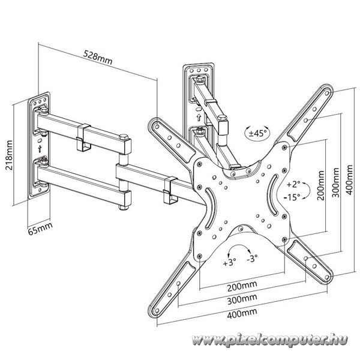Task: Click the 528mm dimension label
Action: click(98, 58)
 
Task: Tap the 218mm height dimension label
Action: click(9, 155)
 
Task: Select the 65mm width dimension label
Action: click(40, 229)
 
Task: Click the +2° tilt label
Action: click(293, 184)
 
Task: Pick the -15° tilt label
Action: click(292, 197)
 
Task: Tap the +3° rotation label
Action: click(229, 262)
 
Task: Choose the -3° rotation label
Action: click(253, 259)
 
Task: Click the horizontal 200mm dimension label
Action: click(242, 286)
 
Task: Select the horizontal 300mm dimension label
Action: click(242, 299)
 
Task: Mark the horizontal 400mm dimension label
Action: click(242, 313)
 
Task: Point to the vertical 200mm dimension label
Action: click(321, 185)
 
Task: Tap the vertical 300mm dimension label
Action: click(335, 182)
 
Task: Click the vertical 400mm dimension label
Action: click(349, 180)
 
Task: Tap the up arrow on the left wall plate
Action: click(40, 149)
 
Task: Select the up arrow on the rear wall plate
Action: click(199, 118)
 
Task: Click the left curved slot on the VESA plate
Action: click(211, 208)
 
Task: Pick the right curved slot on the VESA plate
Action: click(273, 195)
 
